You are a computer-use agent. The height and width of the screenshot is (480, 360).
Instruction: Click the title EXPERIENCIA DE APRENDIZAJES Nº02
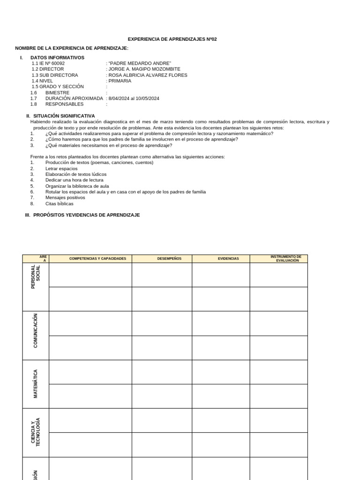pos(172,39)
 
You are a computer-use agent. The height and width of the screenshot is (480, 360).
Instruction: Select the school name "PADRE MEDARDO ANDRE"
pos(140,63)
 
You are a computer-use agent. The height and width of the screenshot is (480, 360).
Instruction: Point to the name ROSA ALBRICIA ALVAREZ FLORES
pos(148,75)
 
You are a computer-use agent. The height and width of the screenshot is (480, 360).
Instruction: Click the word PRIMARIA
pos(120,81)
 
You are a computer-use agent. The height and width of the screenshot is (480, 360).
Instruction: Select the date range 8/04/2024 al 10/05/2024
pos(134,98)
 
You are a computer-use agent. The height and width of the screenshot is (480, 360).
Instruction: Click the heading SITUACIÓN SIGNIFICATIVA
pos(64,116)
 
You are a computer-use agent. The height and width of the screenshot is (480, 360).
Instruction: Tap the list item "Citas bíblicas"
pos(60,203)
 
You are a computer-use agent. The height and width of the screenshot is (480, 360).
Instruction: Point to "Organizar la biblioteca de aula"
pos(77,186)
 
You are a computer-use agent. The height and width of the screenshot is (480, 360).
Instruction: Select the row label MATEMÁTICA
pos(36,384)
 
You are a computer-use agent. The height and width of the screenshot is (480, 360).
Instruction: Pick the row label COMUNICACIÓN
pos(36,330)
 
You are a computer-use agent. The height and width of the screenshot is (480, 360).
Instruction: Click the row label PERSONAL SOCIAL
pos(36,277)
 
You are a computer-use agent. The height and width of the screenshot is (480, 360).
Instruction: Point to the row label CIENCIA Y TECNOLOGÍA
pos(36,432)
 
